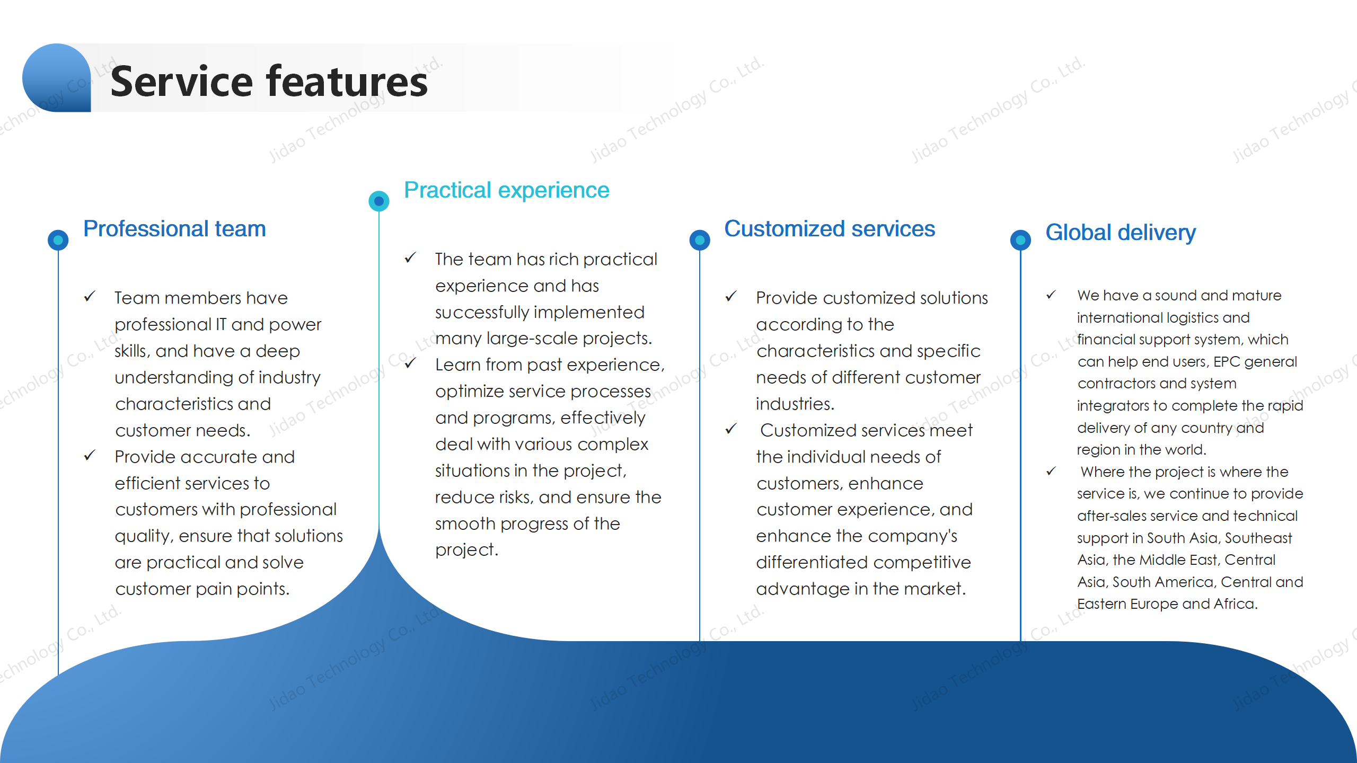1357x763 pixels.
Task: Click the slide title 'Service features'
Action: [269, 81]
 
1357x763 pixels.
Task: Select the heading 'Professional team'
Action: [174, 229]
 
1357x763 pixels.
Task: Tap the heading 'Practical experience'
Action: [507, 190]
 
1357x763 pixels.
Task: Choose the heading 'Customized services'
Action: [830, 229]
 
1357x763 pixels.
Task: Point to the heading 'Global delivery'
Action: [1121, 233]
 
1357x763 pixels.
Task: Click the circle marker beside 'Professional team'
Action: [58, 240]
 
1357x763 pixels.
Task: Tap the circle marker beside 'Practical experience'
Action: [379, 201]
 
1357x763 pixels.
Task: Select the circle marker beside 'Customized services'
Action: [700, 240]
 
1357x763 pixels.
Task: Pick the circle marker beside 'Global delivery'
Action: [1020, 240]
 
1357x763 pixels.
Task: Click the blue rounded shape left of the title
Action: [57, 78]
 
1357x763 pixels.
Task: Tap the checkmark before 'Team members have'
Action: [90, 296]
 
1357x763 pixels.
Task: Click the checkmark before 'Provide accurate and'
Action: [90, 455]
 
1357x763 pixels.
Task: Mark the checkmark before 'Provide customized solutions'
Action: [731, 296]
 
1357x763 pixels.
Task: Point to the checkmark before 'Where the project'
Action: [1051, 471]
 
